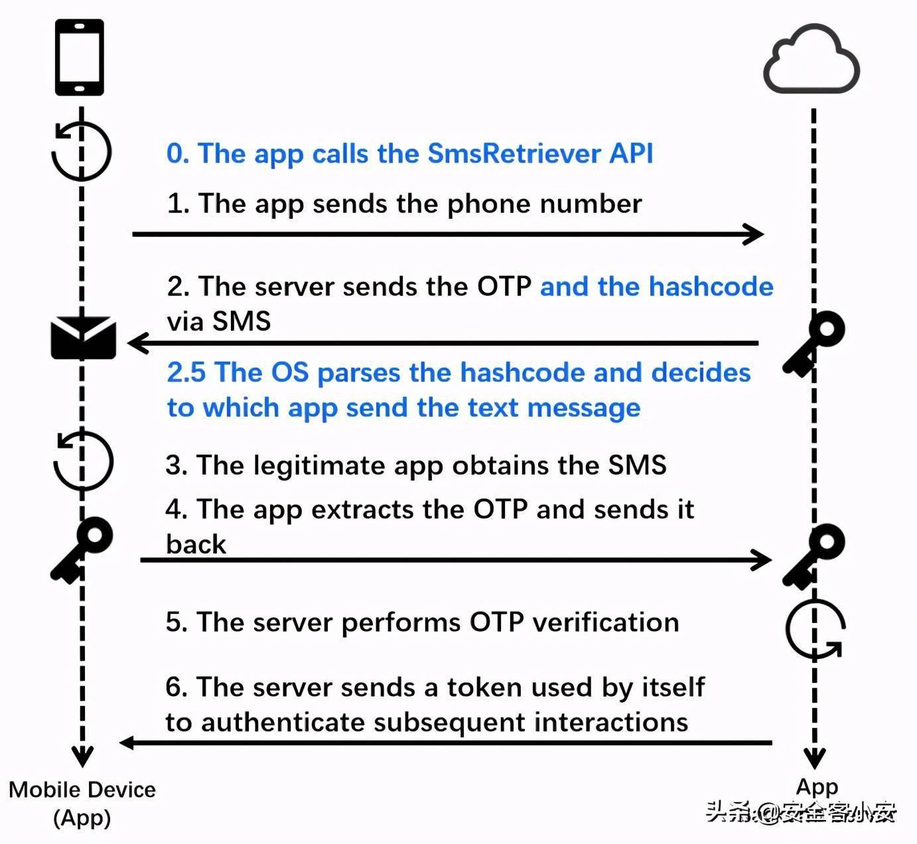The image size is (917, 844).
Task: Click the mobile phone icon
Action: click(80, 57)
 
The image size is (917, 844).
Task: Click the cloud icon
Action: click(812, 58)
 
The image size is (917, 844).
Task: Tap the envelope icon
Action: click(83, 338)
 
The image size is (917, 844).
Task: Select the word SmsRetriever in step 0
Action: click(514, 153)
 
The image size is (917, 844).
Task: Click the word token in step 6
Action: click(484, 687)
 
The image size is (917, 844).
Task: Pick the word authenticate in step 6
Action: click(283, 723)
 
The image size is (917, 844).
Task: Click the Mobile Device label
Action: click(82, 790)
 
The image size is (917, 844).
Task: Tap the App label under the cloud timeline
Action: click(817, 788)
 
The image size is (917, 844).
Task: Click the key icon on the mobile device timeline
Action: click(82, 550)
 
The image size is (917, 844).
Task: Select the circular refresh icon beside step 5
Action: click(815, 628)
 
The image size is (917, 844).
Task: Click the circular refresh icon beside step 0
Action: click(81, 150)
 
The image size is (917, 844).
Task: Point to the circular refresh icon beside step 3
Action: click(83, 460)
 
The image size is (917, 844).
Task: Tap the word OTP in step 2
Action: click(504, 287)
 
